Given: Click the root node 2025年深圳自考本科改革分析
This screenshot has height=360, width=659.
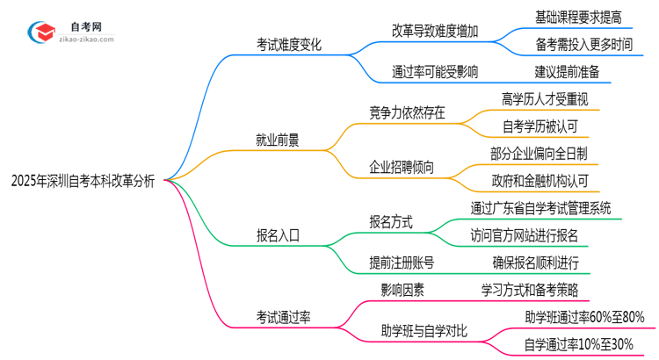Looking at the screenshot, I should [x=83, y=181].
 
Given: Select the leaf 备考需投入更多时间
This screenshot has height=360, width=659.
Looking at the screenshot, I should [x=583, y=43].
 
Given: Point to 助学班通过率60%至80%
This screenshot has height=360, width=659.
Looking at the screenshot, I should [x=583, y=317].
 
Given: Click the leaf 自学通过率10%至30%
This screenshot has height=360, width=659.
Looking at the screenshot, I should [x=578, y=345].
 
